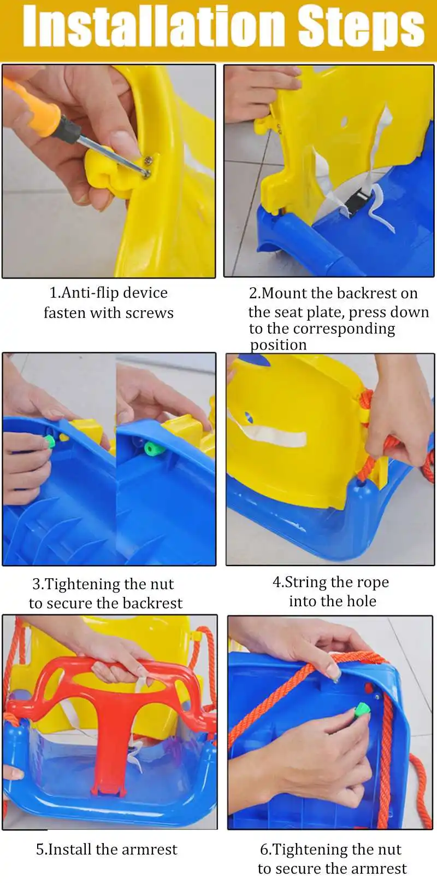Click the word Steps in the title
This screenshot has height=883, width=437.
[x=361, y=29]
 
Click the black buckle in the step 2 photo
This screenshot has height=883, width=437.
[x=357, y=201]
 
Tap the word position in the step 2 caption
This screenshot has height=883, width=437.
[x=279, y=345]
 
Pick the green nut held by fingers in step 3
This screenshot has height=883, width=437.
[x=50, y=441]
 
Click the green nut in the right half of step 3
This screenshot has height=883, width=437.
[x=153, y=448]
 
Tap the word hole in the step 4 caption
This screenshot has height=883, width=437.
[x=362, y=601]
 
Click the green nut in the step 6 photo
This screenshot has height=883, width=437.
[x=362, y=710]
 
